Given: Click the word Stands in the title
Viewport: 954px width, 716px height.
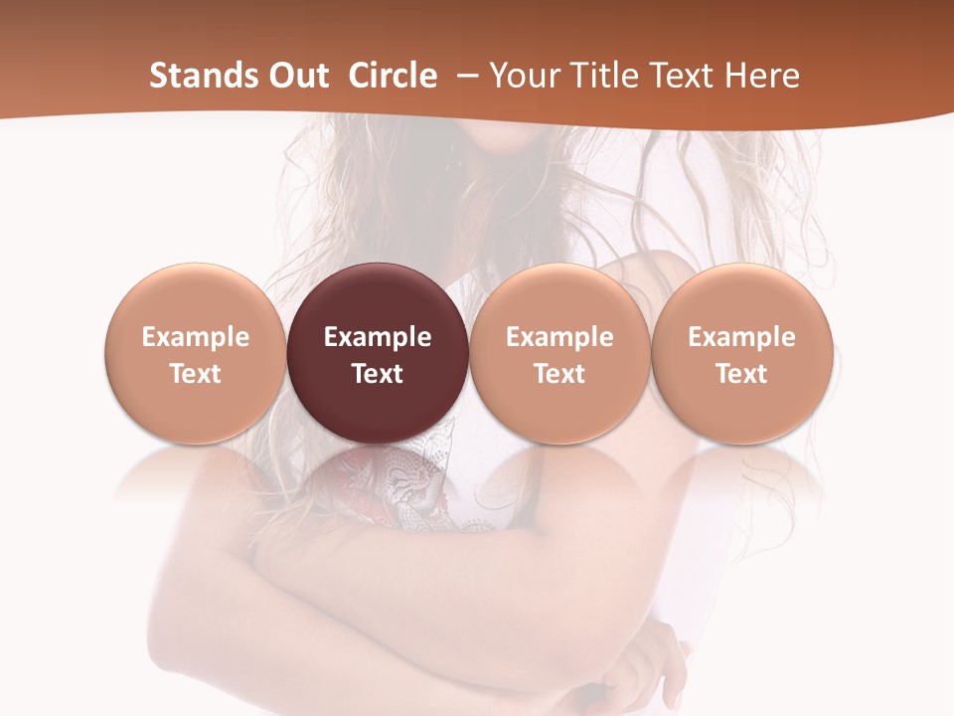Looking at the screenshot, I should pos(195,76).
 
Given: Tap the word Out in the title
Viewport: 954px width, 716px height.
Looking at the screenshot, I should pos(294,76).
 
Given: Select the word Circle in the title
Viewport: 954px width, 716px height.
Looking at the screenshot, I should pos(393,76).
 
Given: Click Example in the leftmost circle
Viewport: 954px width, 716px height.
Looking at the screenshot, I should pos(196,337).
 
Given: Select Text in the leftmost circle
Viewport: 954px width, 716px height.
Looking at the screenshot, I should pos(196,374).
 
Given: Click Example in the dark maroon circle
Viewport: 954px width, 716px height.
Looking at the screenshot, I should pos(378,337).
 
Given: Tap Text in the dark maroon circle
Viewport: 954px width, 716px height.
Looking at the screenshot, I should pos(378,374).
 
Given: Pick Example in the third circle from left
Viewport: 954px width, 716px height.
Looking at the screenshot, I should pos(559,337).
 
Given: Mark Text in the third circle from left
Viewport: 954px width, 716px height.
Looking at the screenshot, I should pos(559,374).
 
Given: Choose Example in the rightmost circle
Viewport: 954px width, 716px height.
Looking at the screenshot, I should pos(741,337).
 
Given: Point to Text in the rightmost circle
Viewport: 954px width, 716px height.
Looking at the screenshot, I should pos(741,374).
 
